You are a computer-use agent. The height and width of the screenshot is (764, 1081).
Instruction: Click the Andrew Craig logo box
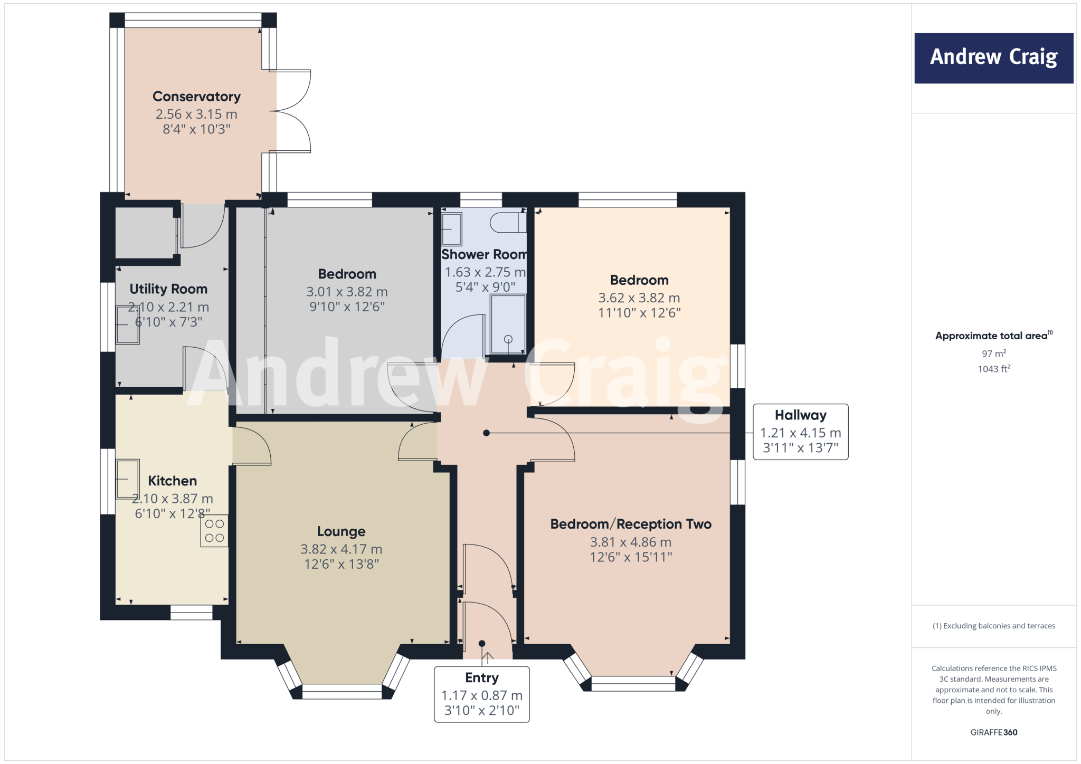993,58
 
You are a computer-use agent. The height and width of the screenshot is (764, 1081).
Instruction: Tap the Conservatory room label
196,97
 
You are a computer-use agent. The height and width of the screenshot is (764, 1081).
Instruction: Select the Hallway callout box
800,432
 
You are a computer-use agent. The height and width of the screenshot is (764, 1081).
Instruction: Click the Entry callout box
481,694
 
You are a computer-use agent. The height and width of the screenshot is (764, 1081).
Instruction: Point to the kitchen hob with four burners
214,531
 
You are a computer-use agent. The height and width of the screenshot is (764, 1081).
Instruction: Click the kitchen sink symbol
128,479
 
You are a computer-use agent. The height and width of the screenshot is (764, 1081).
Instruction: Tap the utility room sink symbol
128,324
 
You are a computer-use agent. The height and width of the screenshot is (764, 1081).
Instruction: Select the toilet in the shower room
508,223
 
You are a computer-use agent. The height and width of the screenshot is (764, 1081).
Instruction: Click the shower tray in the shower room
508,324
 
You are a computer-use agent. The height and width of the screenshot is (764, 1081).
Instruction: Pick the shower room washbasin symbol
451,229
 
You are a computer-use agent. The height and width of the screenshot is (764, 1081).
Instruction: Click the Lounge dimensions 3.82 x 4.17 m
341,549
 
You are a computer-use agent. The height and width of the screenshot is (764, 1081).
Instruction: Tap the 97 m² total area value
993,354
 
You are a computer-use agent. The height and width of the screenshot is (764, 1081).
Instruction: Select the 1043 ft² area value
993,369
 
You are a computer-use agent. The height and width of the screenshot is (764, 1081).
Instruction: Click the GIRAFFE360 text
993,732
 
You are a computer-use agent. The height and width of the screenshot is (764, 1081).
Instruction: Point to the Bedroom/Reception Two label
631,524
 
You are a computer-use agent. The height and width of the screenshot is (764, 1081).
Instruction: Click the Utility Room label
168,289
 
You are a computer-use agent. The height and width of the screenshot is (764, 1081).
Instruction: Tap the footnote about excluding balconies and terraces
993,626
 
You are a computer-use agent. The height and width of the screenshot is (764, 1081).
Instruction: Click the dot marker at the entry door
482,643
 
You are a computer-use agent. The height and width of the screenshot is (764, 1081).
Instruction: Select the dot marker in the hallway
487,433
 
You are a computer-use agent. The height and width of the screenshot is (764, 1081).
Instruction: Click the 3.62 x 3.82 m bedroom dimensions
639,298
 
